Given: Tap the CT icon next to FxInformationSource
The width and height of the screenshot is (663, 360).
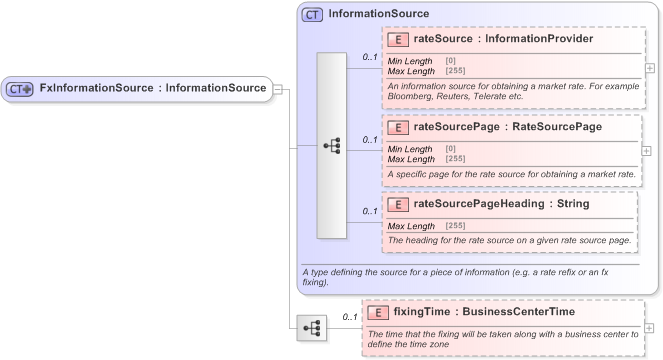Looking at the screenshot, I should [x=20, y=89].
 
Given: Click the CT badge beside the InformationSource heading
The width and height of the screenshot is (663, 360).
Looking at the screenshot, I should [x=312, y=14].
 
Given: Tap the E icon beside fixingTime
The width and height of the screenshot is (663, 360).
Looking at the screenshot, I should [x=377, y=311].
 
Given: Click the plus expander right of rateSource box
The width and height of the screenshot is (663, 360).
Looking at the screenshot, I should [x=650, y=68].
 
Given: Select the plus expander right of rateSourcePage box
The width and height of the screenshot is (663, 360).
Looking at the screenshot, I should [x=650, y=150].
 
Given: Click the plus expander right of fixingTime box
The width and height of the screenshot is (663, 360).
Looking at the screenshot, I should [x=650, y=327].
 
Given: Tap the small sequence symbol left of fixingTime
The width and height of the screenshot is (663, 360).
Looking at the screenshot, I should [x=311, y=327].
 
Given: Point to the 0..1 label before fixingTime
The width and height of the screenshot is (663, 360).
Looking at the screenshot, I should [x=350, y=317].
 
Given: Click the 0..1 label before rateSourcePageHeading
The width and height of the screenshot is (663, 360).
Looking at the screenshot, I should [x=370, y=211].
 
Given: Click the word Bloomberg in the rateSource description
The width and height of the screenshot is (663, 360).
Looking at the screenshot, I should [x=410, y=97].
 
